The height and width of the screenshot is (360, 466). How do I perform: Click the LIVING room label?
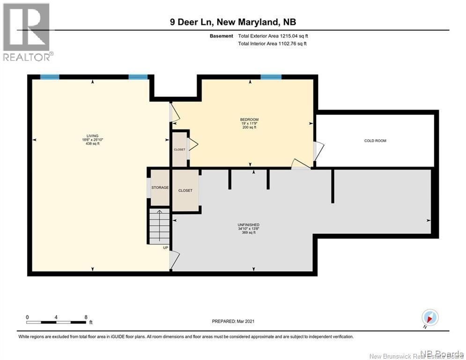[x=92, y=135]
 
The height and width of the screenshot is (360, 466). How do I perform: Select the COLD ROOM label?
[x=375, y=141]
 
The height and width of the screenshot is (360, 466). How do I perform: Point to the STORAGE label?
[x=160, y=187]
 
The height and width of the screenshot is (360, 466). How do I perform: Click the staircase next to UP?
[x=159, y=226]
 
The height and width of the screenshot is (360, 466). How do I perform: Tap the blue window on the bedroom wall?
[x=271, y=77]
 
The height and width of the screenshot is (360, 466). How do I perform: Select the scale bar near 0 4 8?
[x=56, y=322]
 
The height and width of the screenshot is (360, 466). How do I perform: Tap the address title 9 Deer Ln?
[x=233, y=22]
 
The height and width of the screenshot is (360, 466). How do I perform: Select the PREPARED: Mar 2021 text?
[x=233, y=321]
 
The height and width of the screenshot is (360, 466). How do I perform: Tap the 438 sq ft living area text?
[x=92, y=143]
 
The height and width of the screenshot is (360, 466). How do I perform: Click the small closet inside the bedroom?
[x=179, y=149]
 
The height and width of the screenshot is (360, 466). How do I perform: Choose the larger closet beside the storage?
[x=185, y=191]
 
